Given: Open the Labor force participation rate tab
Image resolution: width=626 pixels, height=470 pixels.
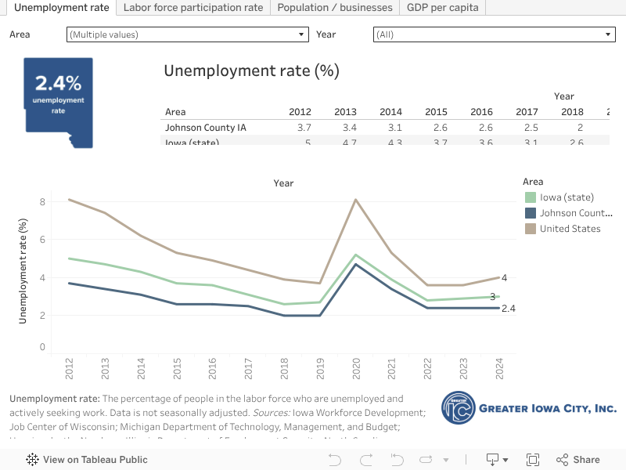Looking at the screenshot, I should tap(193, 8).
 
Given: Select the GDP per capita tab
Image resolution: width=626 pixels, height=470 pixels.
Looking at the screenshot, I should tap(443, 8).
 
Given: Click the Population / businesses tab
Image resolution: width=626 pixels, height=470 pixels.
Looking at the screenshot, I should tap(335, 8).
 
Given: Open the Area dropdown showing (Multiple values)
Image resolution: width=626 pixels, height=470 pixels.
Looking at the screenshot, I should tap(188, 34).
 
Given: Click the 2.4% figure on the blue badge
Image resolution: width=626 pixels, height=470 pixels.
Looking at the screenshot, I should tap(58, 83).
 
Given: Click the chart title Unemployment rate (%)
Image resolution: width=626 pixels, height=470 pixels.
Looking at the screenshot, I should tap(251, 70).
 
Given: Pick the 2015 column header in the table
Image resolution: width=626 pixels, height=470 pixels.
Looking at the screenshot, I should tap(436, 112).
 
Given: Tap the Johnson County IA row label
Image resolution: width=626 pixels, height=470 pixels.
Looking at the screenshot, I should tap(206, 128).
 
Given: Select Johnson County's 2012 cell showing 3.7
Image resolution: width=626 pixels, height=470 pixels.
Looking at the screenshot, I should tap(304, 128).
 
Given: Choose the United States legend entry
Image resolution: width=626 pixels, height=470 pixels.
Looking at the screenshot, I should tap(570, 229).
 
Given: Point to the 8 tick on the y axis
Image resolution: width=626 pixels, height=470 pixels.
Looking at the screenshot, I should tap(42, 202).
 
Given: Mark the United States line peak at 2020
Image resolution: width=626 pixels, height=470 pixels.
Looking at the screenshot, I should tap(356, 200).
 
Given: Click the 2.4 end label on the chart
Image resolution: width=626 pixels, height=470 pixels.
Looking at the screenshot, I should tap(508, 309).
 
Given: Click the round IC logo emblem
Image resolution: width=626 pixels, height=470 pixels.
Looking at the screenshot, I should tap(458, 407).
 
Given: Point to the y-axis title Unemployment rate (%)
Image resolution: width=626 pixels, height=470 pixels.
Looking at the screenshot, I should tap(23, 271).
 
